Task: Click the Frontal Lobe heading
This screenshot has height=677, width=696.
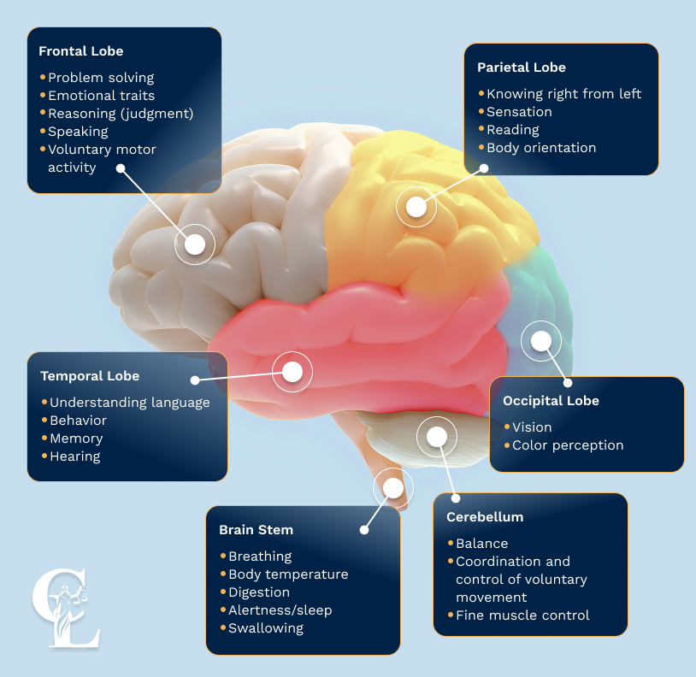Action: [80, 51]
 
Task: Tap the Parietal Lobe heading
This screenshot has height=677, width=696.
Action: [522, 68]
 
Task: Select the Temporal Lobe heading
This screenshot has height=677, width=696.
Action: [90, 376]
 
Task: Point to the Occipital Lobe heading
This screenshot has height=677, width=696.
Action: [551, 401]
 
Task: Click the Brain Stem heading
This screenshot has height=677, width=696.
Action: [257, 530]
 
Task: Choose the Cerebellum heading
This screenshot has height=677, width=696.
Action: [485, 517]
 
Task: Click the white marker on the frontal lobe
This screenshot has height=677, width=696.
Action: [195, 244]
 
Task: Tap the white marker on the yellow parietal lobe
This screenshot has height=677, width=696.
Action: [416, 207]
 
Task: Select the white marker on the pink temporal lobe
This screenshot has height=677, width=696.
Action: [292, 372]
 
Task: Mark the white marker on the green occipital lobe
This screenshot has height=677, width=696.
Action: [541, 341]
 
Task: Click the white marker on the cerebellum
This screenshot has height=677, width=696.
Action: [437, 437]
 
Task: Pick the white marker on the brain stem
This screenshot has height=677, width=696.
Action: [393, 488]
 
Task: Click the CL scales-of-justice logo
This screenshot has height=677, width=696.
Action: [66, 608]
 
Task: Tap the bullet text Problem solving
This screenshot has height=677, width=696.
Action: [101, 78]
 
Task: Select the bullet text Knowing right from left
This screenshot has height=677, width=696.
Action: [563, 94]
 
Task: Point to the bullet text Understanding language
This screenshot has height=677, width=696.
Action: [130, 403]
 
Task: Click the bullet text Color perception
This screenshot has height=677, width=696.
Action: [568, 445]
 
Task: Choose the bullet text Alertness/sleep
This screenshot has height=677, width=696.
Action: [280, 610]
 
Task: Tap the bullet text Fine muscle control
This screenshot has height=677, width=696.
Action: [522, 615]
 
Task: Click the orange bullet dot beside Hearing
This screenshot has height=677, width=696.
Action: [44, 456]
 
